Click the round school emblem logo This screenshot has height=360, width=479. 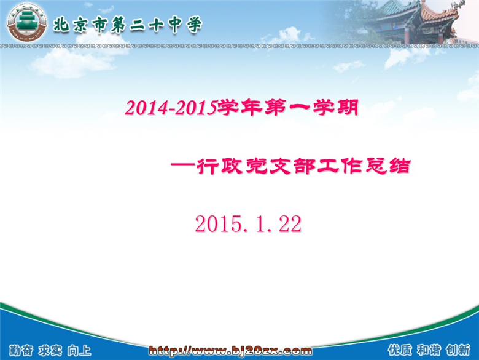pyautogui.click(x=27, y=22)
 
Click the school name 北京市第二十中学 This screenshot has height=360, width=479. pyautogui.click(x=128, y=25)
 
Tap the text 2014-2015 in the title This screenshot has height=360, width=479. pyautogui.click(x=171, y=108)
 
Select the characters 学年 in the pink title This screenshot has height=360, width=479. pyautogui.click(x=239, y=108)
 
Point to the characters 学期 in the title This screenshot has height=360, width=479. pyautogui.click(x=335, y=108)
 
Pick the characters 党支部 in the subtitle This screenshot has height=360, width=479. pyautogui.click(x=279, y=166)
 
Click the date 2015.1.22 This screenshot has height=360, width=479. pyautogui.click(x=248, y=224)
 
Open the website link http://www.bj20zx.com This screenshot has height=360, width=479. pyautogui.click(x=230, y=351)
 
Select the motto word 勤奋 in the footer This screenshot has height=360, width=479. pyautogui.click(x=21, y=351)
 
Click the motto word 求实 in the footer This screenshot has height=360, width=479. pyautogui.click(x=50, y=351)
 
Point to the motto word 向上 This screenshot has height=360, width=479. pyautogui.click(x=79, y=351)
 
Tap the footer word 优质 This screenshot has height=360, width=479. pyautogui.click(x=400, y=350)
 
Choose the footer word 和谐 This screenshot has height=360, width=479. pyautogui.click(x=429, y=350)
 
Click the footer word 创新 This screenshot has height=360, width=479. pyautogui.click(x=458, y=350)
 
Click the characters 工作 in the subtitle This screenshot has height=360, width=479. pyautogui.click(x=339, y=166)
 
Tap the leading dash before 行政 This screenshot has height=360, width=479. pyautogui.click(x=182, y=166)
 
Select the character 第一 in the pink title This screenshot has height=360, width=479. pyautogui.click(x=287, y=108)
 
